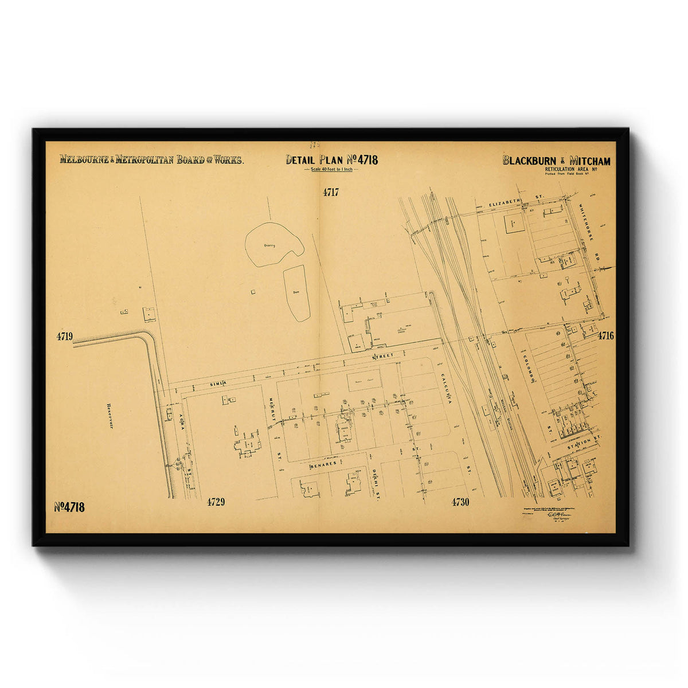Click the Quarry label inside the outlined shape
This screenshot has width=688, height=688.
click(270, 245)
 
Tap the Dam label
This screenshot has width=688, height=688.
click(296, 292)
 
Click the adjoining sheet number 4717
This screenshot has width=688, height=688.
click(331, 193)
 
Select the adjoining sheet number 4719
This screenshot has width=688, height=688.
click(65, 337)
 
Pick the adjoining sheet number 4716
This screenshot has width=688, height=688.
click(605, 336)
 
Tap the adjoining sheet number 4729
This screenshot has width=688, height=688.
click(216, 502)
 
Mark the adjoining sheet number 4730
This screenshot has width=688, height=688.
click(460, 502)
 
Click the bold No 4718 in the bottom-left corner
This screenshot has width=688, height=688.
click(69, 507)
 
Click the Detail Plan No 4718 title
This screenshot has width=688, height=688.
click(332, 160)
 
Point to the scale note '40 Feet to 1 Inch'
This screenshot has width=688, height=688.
click(332, 170)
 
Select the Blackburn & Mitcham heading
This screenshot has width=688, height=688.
click(556, 161)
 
